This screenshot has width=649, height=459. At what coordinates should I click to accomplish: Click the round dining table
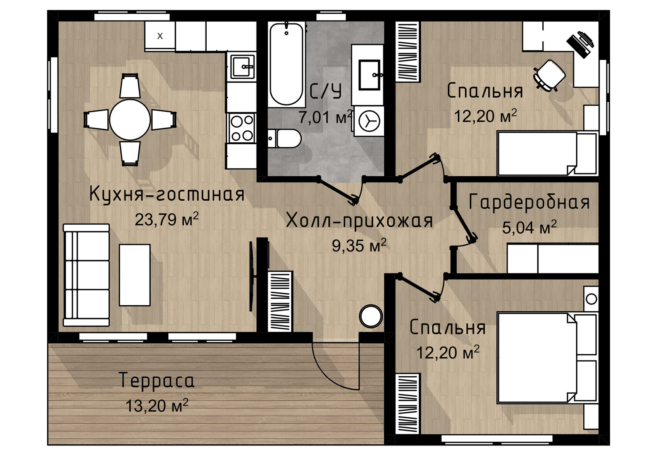coord(130,119)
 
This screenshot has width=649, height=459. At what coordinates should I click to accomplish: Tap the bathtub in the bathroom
coord(286,64)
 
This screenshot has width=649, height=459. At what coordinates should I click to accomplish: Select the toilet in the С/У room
coord(284,138)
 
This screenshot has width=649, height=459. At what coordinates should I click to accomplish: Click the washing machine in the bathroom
coord(369,121)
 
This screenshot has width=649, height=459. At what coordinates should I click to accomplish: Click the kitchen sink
coord(242,67)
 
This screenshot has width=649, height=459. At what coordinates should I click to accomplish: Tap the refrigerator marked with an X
coord(160,36)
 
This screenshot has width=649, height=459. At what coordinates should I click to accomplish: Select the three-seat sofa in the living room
coord(87,275)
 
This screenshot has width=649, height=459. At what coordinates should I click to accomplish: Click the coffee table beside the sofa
coord(135,275)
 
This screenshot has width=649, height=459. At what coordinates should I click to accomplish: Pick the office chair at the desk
coord(549,75)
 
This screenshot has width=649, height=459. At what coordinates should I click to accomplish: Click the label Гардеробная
coord(529,202)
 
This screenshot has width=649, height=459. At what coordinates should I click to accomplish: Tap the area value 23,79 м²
coord(166,219)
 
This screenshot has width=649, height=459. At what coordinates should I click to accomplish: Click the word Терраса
coord(157,380)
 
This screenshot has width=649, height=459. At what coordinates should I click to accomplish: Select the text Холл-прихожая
coord(359,221)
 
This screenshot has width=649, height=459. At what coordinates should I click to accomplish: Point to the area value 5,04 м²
coord(529,227)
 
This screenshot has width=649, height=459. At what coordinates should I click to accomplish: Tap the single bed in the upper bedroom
coord(547,154)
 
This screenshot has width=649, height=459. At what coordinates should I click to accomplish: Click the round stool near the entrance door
coord(371,316)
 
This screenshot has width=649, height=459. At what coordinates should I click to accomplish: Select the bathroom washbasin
coord(369,75)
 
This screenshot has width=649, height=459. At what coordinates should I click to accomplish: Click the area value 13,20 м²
coord(157,405)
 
